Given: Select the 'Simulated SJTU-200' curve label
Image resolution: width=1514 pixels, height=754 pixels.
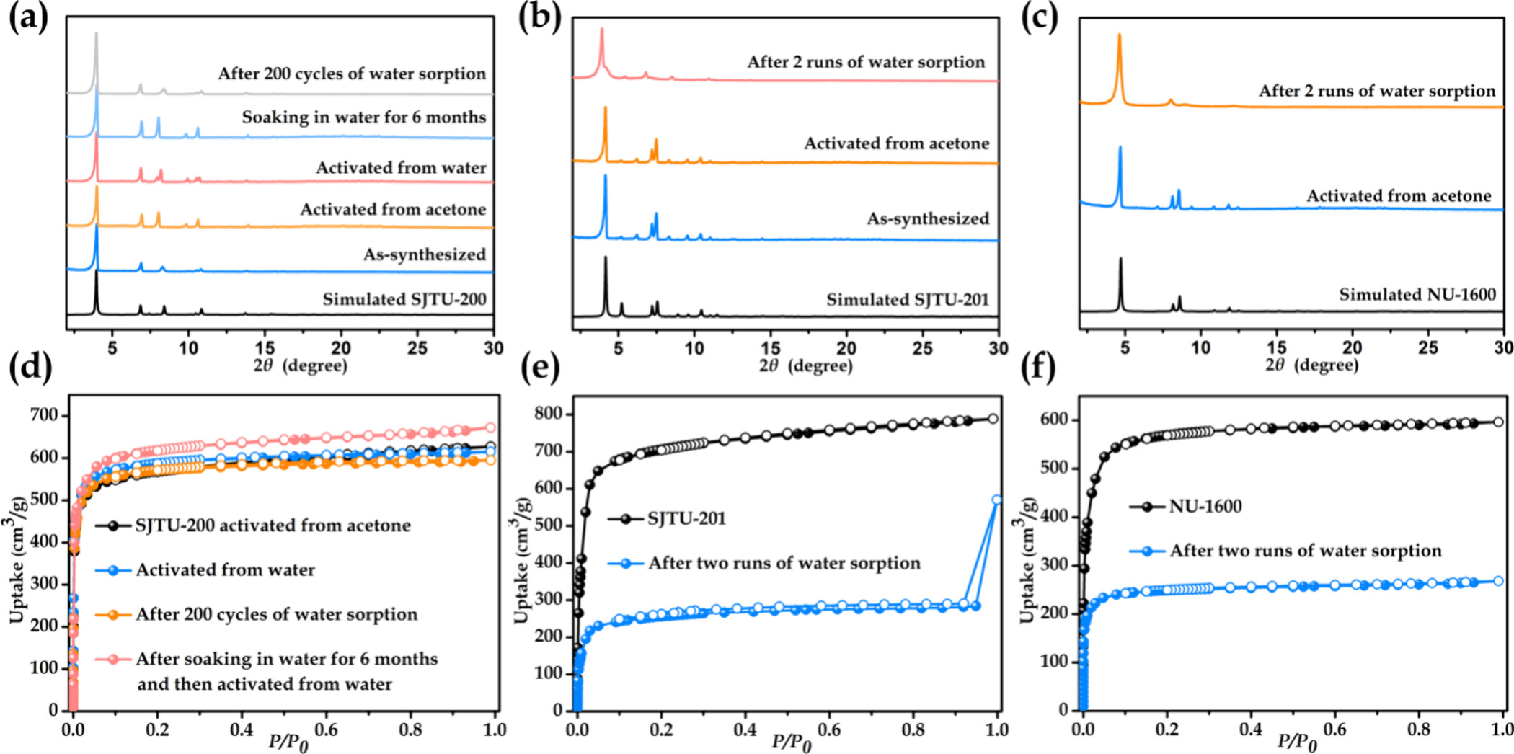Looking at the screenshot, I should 404,299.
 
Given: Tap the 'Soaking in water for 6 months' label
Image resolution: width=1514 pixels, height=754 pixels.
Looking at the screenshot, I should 363,117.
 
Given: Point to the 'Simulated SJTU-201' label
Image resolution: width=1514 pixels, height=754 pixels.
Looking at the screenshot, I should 907,299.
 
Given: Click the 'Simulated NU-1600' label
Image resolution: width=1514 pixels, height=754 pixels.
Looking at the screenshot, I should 1417,294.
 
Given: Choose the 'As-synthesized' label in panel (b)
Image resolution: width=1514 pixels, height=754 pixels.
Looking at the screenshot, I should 927,218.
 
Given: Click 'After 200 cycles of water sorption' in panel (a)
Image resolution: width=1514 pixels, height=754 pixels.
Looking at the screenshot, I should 352,74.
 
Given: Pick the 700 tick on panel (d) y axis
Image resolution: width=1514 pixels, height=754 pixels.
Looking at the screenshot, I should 44,415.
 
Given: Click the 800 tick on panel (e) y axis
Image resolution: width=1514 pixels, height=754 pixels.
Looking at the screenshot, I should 548,414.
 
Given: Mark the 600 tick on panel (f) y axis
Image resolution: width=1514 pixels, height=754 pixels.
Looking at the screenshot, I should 1054,420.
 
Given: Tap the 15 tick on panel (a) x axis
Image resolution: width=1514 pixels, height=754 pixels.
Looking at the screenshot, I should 265,348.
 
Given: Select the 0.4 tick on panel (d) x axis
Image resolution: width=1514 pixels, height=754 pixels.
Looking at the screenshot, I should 242,729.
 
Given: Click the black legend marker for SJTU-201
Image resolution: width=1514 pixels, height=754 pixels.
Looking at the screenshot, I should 626,519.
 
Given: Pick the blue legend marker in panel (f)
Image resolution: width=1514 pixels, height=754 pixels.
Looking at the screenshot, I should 1147,551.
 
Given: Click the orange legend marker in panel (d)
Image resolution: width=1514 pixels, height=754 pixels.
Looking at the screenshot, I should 113,615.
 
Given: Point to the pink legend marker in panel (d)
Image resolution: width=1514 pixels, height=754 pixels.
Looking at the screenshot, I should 113,659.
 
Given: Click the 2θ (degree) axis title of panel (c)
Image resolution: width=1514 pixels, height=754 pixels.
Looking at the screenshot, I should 1311,365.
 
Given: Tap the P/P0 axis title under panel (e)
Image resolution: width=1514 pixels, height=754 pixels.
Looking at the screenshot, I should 791,742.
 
